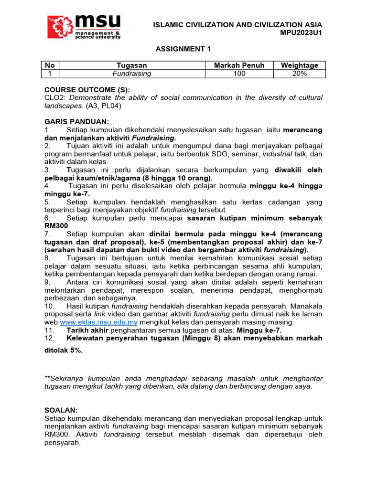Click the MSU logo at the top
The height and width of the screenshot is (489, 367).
pyautogui.click(x=84, y=26)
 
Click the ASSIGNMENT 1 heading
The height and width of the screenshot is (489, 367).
pyautogui.click(x=183, y=49)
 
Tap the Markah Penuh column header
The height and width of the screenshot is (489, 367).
pyautogui.click(x=239, y=65)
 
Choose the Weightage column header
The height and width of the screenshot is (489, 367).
pyautogui.click(x=299, y=65)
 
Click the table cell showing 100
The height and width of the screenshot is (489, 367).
pyautogui.click(x=239, y=74)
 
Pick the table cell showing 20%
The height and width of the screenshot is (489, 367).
pyautogui.click(x=299, y=74)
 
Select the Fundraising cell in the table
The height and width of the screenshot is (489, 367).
pyautogui.click(x=131, y=74)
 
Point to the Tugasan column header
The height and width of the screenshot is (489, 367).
pyautogui.click(x=131, y=65)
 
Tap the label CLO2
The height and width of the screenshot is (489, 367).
pyautogui.click(x=53, y=98)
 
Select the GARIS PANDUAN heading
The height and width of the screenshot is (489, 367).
pyautogui.click(x=76, y=122)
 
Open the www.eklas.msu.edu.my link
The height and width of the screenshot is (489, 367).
pyautogui.click(x=91, y=322)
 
